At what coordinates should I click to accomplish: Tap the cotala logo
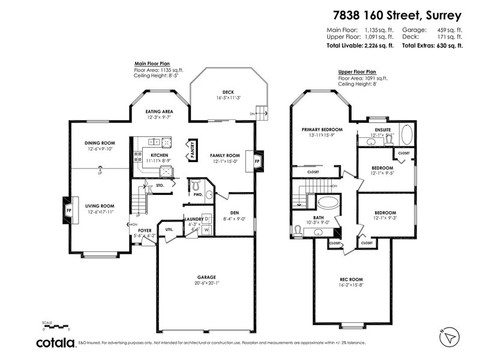(x=56, y=343)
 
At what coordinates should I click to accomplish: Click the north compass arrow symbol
(x=446, y=336)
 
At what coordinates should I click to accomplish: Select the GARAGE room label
(x=206, y=277)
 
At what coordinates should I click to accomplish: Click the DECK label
(x=228, y=92)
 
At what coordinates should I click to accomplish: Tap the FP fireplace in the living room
(x=68, y=211)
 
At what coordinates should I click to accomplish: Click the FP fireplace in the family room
(x=257, y=161)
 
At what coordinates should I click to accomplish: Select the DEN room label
(x=235, y=212)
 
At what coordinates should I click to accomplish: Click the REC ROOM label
(x=352, y=279)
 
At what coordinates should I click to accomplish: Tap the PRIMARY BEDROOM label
(x=322, y=130)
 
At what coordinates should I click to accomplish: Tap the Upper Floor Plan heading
(x=357, y=71)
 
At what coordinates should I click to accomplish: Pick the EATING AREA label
(x=160, y=112)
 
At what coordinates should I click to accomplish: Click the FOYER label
(x=145, y=230)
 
